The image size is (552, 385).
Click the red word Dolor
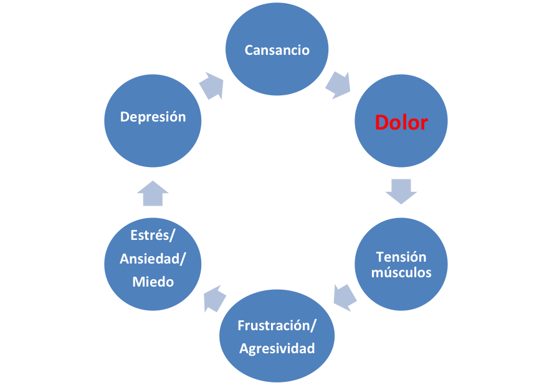pos(401,123)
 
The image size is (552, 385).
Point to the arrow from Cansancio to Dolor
pos(339,83)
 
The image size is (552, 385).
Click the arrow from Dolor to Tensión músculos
pos(401,191)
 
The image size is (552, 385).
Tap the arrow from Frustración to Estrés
pos(214,298)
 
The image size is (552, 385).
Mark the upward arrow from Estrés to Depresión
pos(153,193)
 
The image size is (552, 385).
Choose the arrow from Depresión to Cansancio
pos(212,85)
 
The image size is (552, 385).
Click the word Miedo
pos(153,282)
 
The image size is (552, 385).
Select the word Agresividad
pos(277,348)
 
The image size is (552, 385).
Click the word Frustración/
pos(277,325)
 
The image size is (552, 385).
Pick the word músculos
pos(401,272)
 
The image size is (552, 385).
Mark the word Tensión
pos(401,257)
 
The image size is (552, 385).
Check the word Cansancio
pos(277,50)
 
